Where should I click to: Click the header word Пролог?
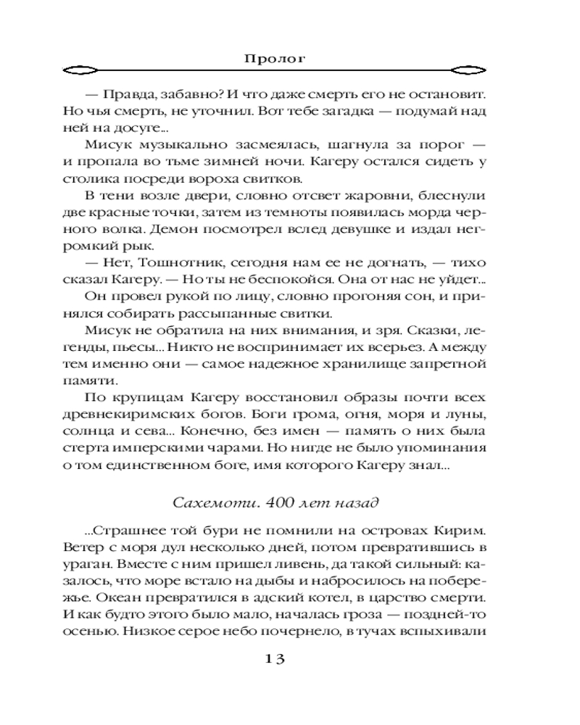[x=289, y=57]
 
